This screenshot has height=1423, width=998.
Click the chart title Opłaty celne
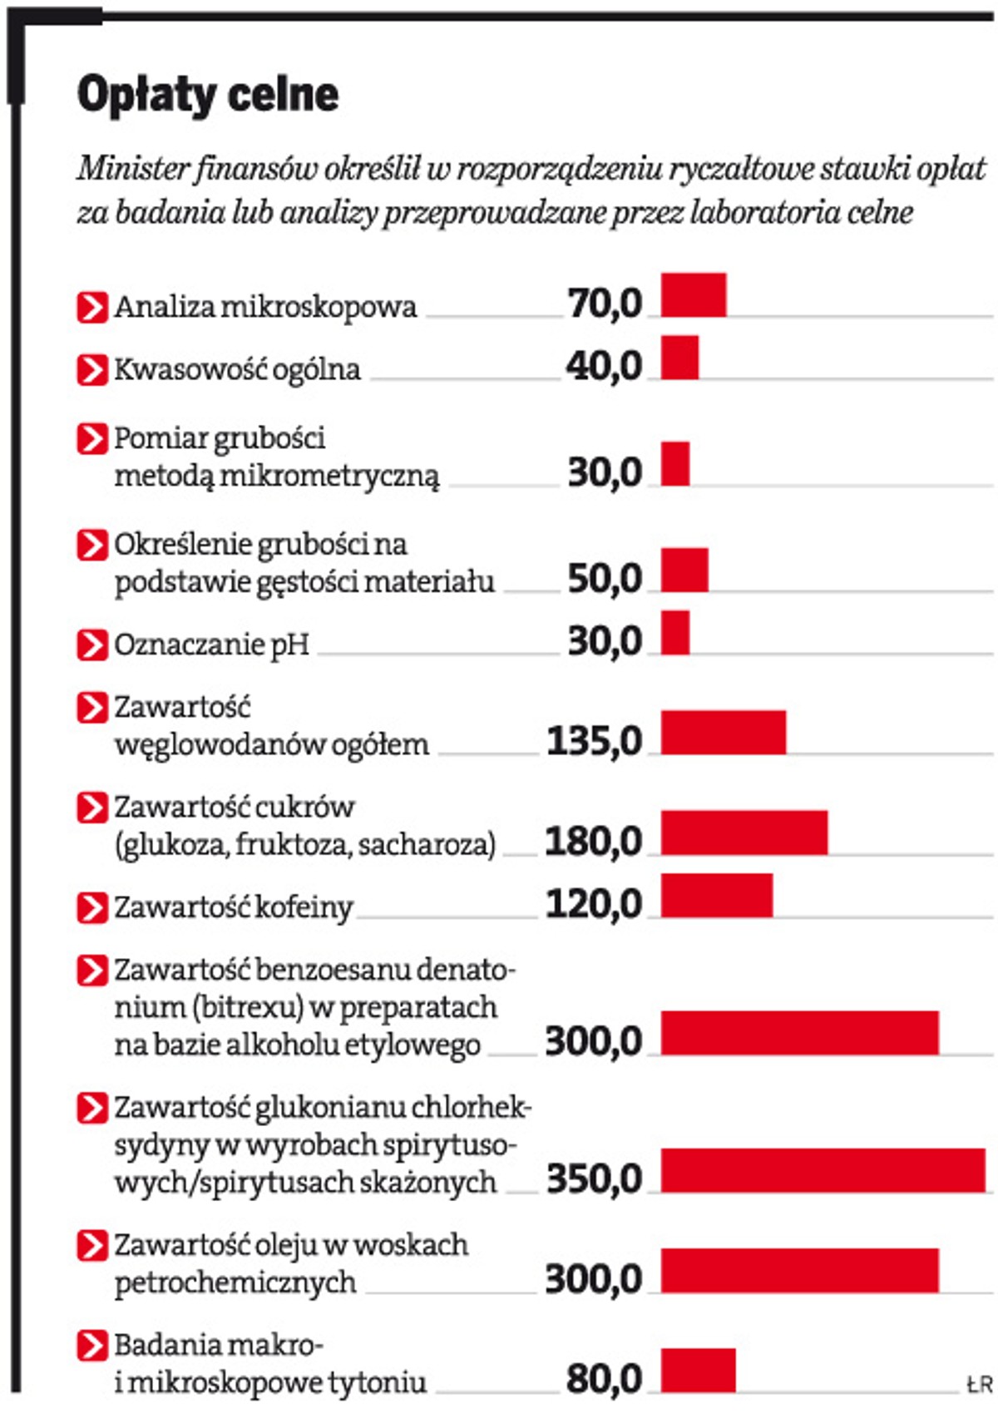[208, 94]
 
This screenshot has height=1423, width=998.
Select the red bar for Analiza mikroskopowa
[694, 294]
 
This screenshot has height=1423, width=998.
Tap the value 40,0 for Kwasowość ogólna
[605, 366]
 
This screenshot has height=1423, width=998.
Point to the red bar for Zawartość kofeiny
[717, 895]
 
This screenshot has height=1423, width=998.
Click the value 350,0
[595, 1178]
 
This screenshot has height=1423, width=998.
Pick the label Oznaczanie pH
[211, 644]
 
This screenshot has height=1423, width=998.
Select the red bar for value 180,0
[744, 832]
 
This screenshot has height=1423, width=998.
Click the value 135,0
[595, 740]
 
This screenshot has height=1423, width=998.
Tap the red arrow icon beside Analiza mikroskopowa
[91, 307]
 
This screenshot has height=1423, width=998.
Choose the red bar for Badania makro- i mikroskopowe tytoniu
[699, 1370]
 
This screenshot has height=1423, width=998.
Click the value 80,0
[605, 1378]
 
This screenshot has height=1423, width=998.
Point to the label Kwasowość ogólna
[237, 369]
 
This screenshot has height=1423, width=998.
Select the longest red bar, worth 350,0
[823, 1170]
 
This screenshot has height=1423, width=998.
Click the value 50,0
[605, 578]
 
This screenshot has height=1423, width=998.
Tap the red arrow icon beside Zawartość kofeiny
[91, 907]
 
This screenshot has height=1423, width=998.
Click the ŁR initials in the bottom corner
[980, 1384]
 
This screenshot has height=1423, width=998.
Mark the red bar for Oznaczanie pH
[675, 632]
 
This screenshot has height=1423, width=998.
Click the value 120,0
[595, 904]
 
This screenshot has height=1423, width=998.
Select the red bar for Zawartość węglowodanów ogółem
[724, 732]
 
